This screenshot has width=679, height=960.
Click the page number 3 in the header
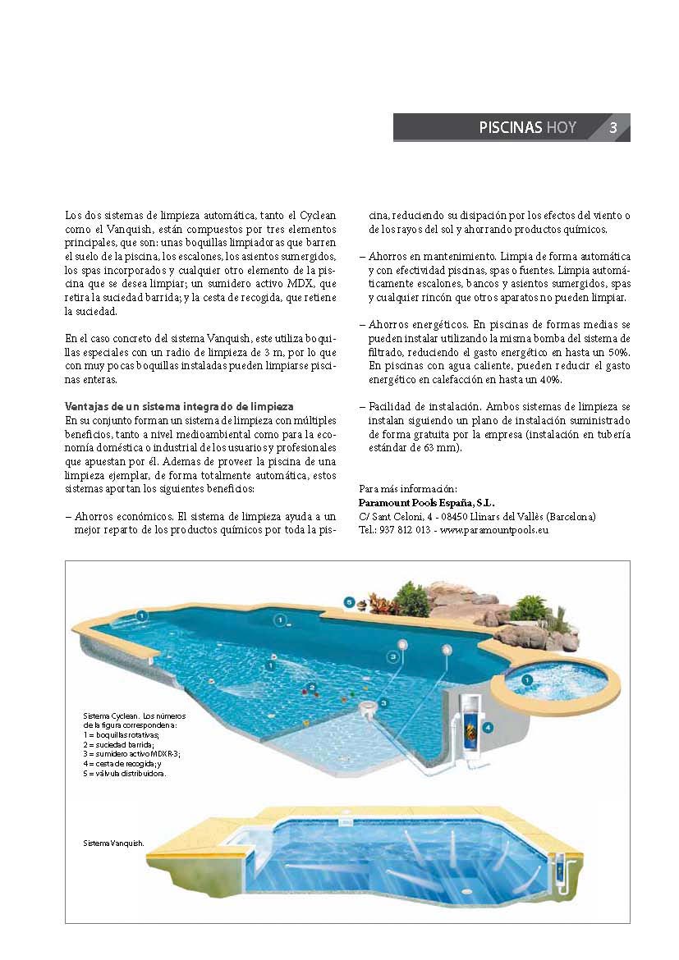pos(613,128)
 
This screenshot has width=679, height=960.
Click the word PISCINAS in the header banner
pos(511,128)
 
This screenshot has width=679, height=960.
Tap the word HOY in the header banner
pos(562,128)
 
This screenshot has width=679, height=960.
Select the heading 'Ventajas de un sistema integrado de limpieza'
pos(179,407)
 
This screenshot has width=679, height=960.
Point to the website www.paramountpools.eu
pos(494,530)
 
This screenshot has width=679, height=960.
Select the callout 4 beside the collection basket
pos(487,727)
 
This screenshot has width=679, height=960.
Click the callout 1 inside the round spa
pos(526,679)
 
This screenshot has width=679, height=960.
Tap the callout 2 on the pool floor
pos(311,687)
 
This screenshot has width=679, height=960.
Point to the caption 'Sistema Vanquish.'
pos(114,843)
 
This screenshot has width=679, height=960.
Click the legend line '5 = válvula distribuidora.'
pos(126,773)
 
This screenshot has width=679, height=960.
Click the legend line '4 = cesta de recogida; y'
pos(123,763)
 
